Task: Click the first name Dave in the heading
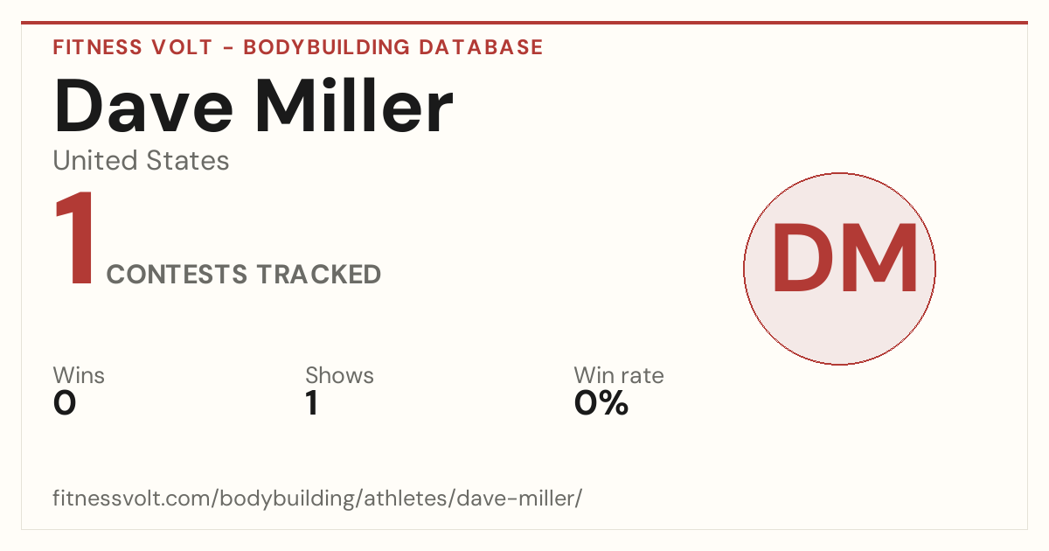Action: click(143, 106)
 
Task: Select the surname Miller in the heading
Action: click(354, 106)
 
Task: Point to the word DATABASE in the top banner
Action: click(481, 47)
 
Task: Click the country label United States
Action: click(141, 160)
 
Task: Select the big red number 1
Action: click(75, 238)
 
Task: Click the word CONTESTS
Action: click(177, 274)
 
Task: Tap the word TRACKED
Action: click(319, 274)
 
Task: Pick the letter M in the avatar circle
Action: click(880, 258)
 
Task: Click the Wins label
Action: click(79, 375)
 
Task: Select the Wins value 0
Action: click(65, 403)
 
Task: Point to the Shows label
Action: click(339, 375)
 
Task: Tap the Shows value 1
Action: click(312, 403)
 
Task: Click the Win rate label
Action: click(619, 375)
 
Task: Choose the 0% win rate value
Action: click(601, 403)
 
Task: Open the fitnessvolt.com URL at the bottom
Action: click(317, 498)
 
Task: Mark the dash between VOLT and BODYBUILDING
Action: click(228, 48)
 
